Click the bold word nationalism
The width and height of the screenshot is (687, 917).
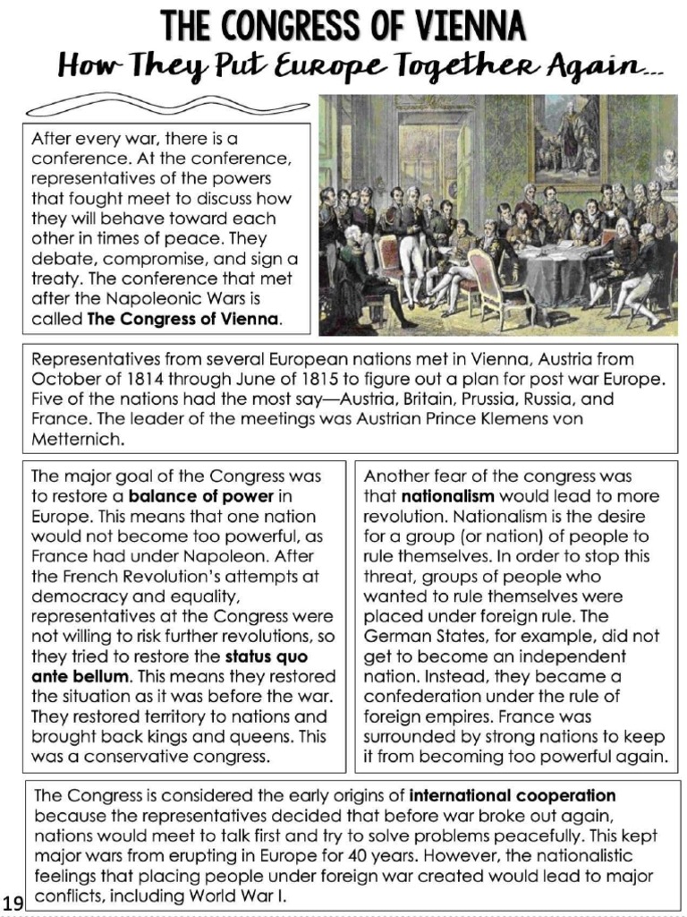coord(447,496)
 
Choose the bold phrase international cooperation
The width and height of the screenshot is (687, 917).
coord(513,795)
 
